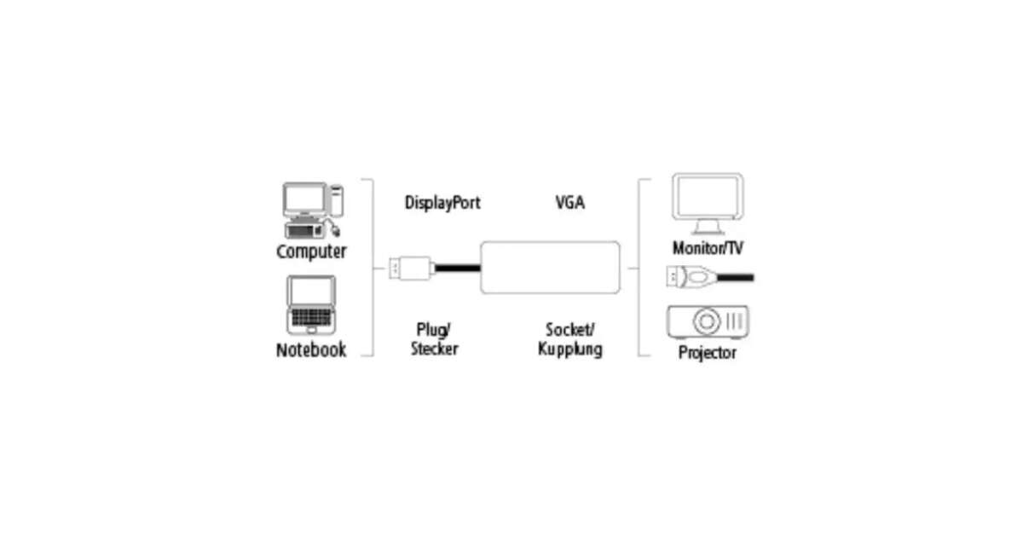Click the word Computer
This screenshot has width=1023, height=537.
pyautogui.click(x=311, y=251)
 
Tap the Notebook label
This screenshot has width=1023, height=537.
pyautogui.click(x=311, y=349)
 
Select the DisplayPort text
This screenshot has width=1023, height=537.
pyautogui.click(x=442, y=203)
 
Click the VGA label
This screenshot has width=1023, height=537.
pyautogui.click(x=570, y=203)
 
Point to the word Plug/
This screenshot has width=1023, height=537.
pyautogui.click(x=434, y=329)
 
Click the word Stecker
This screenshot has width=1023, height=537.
pyautogui.click(x=434, y=349)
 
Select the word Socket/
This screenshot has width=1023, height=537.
pyautogui.click(x=570, y=329)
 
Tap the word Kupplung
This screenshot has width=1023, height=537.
pyautogui.click(x=570, y=349)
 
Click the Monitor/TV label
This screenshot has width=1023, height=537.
pyautogui.click(x=708, y=248)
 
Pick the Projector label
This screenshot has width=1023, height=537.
pyautogui.click(x=708, y=352)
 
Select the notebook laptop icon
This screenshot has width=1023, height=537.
pyautogui.click(x=310, y=305)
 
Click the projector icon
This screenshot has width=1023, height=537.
pyautogui.click(x=708, y=322)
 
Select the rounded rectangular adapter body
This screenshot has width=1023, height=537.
pyautogui.click(x=550, y=268)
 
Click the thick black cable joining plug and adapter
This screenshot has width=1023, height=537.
pyautogui.click(x=457, y=268)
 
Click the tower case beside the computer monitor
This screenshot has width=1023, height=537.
pyautogui.click(x=337, y=201)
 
